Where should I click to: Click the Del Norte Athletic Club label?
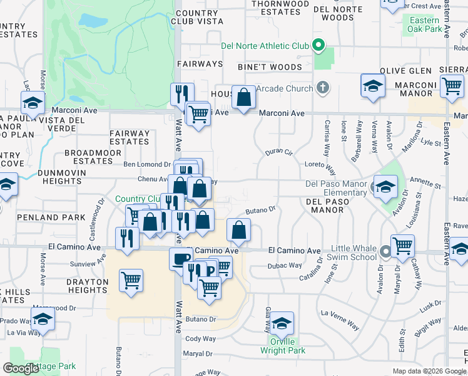tap(265, 46)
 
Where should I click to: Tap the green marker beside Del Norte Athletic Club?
tap(318, 45)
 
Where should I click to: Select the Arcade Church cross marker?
tap(322, 88)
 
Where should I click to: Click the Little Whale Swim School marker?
tap(385, 253)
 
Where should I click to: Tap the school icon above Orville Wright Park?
tap(282, 324)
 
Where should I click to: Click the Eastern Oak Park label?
tap(425, 24)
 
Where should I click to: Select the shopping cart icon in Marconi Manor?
tap(452, 86)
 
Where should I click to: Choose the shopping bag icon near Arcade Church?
tap(243, 98)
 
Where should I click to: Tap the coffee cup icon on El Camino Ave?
tap(181, 259)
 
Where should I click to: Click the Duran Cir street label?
tap(279, 152)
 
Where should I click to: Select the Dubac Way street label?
tap(285, 266)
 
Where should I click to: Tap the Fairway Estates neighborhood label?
tap(130, 137)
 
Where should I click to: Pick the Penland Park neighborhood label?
tap(61, 217)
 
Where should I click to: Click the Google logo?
tap(21, 368)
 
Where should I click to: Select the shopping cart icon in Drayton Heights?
tap(131, 281)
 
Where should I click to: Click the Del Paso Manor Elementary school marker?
tap(385, 186)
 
